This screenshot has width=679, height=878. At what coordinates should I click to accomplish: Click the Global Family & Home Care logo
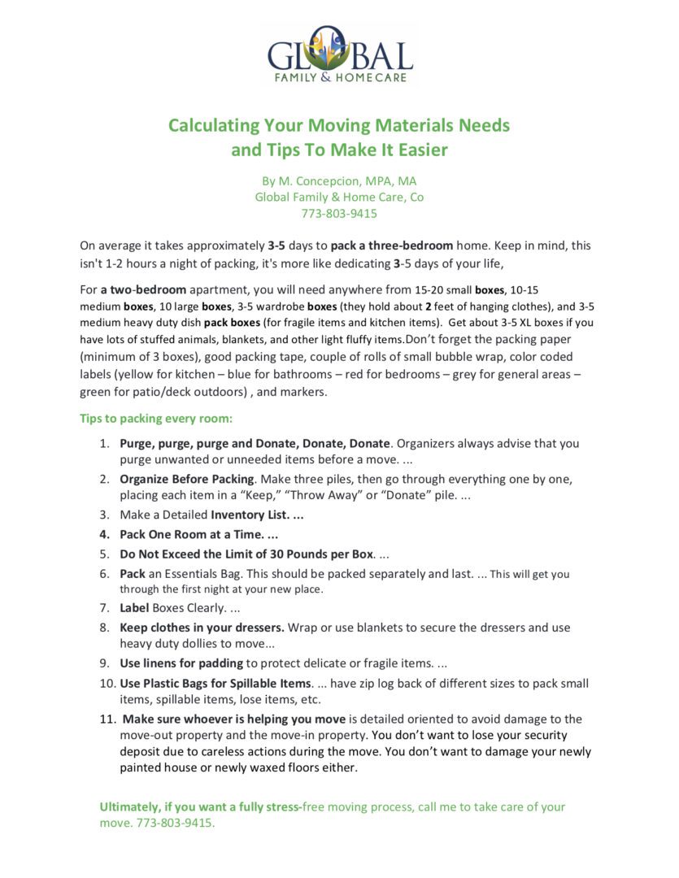coord(340,54)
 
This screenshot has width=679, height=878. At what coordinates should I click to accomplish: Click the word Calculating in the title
coord(213,126)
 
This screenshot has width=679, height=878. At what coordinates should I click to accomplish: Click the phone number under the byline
coord(339,214)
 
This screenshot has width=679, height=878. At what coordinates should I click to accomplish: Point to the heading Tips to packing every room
coord(156,419)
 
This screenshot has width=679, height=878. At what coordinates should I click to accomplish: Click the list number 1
coord(103,444)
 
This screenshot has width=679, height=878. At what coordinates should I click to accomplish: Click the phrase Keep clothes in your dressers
coord(202,628)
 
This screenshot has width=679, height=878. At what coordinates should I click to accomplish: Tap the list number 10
coord(107,683)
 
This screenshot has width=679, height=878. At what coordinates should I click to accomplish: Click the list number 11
coord(107,719)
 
